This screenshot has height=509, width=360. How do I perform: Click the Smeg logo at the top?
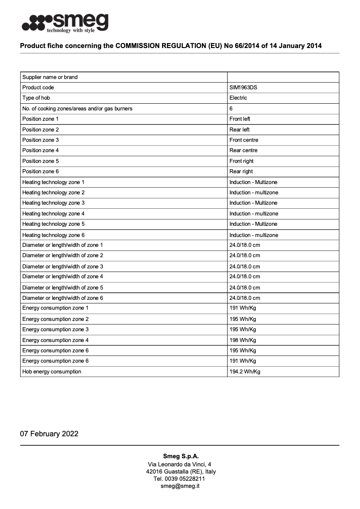pyautogui.click(x=65, y=23)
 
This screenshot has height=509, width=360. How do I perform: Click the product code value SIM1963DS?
pyautogui.click(x=243, y=88)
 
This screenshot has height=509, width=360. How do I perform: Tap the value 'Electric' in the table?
pyautogui.click(x=238, y=98)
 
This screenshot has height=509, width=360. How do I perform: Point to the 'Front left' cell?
pyautogui.click(x=240, y=119)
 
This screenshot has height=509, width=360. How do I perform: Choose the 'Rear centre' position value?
pyautogui.click(x=243, y=150)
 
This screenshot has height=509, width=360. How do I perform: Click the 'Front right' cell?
pyautogui.click(x=241, y=161)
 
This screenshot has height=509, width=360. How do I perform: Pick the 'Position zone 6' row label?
pyautogui.click(x=40, y=171)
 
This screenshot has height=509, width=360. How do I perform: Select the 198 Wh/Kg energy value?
pyautogui.click(x=243, y=340)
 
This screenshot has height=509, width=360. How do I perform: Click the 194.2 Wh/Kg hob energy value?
pyautogui.click(x=245, y=372)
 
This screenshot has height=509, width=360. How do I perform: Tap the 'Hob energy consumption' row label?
pyautogui.click(x=52, y=372)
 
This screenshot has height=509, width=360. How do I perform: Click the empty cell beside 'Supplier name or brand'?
pyautogui.click(x=283, y=77)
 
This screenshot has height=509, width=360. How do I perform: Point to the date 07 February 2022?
pyautogui.click(x=49, y=434)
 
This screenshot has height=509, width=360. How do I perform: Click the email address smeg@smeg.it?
pyautogui.click(x=180, y=486)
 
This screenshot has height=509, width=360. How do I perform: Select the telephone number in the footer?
pyautogui.click(x=180, y=479)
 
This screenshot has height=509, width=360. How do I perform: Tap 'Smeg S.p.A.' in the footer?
pyautogui.click(x=180, y=456)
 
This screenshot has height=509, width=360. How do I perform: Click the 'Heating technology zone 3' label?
pyautogui.click(x=53, y=203)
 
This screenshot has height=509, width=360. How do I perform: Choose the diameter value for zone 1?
pyautogui.click(x=245, y=245)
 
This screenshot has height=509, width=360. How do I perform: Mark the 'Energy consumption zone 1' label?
pyautogui.click(x=55, y=308)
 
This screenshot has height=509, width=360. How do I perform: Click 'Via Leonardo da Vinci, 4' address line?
pyautogui.click(x=180, y=464)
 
